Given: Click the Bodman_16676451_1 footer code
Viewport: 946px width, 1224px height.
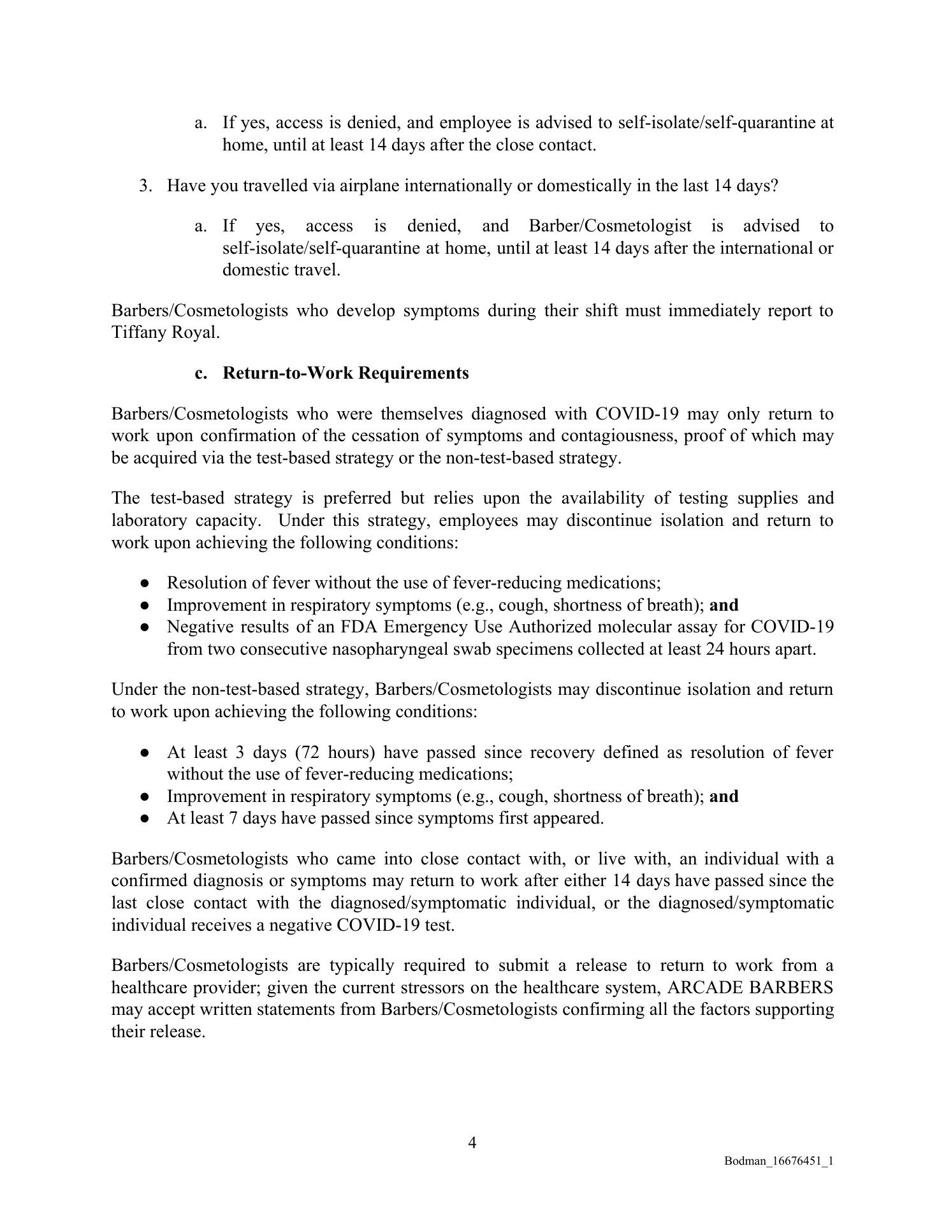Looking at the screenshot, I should tap(778, 1161).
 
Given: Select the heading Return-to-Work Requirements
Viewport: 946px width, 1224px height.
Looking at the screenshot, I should tap(346, 373).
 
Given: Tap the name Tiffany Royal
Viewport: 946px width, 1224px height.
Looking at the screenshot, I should tap(164, 333).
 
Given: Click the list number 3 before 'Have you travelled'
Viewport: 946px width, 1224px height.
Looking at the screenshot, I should tap(145, 186).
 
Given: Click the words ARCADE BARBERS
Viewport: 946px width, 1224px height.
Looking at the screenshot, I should tap(750, 987).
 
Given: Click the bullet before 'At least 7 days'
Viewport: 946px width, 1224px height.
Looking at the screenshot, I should tap(145, 819).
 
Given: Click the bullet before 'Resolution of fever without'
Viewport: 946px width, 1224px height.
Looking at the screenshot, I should tap(145, 583).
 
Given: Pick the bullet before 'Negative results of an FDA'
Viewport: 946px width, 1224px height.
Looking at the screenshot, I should tap(145, 627).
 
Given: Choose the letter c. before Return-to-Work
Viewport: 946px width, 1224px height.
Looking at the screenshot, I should tap(201, 373).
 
